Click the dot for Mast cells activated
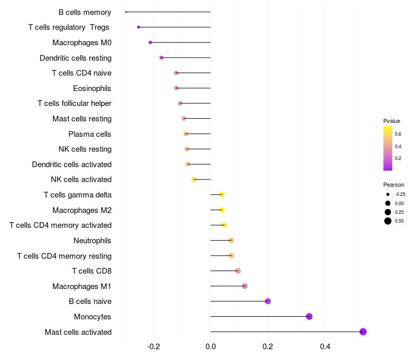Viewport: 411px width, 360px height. [x=363, y=332]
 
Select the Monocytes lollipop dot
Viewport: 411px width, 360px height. [x=309, y=316]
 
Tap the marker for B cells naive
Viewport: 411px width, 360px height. [x=268, y=301]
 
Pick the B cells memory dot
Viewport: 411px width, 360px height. [x=126, y=12]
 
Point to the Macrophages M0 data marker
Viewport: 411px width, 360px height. [x=150, y=43]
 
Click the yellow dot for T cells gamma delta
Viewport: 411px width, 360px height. [x=222, y=195]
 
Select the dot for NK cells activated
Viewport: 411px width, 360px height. [x=194, y=179]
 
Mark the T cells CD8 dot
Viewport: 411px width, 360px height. [x=238, y=271]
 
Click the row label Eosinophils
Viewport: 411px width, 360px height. [x=92, y=88]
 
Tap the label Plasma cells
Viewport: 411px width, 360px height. [x=89, y=134]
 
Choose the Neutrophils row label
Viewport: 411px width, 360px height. [x=92, y=241]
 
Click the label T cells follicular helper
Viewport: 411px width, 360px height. [x=74, y=103]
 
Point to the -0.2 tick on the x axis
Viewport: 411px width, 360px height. [x=153, y=347]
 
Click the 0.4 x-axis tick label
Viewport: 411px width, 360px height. [x=325, y=347]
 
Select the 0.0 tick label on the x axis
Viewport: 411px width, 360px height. [x=211, y=347]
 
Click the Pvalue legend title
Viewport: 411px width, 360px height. [x=391, y=121]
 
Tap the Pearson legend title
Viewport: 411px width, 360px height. [x=394, y=185]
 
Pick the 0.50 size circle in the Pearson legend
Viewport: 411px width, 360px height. [x=388, y=221]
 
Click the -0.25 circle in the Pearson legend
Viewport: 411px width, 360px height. [x=388, y=194]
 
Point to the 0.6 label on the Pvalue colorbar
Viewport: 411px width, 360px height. [x=398, y=134]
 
